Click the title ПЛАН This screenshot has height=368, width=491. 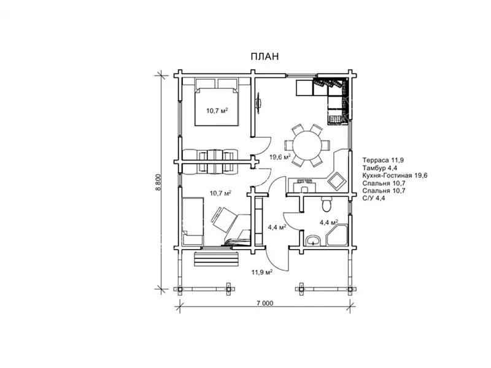pos(265,56)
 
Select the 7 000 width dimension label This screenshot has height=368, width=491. pos(265,303)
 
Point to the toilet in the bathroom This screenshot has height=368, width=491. pos(327,204)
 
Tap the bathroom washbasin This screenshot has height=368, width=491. pos(312,240)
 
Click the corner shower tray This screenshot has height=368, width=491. pos(337,235)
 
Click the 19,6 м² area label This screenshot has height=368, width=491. pos(280,157)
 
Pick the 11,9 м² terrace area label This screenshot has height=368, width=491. pos(261,272)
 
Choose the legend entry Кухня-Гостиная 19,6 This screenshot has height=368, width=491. pos(395,175)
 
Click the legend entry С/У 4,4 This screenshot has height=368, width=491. pos(374,197)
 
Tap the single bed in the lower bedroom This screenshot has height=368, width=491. pos(193,221)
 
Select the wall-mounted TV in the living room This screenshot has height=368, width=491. pos(258,102)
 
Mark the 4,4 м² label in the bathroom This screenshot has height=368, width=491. pos(329,223)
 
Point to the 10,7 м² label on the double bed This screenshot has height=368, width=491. pos(217,110)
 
